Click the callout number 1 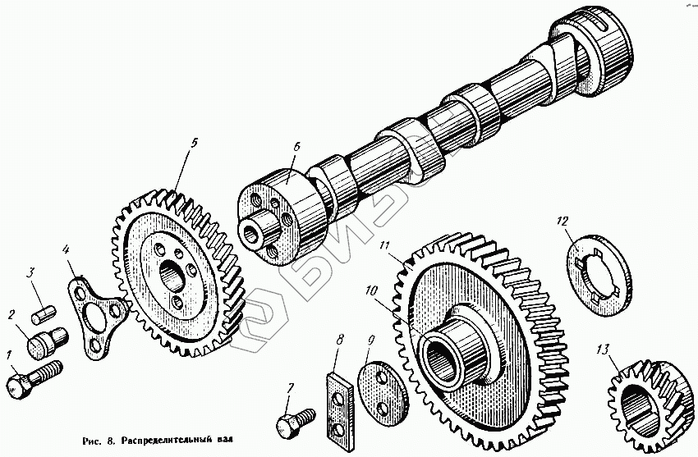pos(10,355)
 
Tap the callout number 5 pos(194,143)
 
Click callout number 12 pos(561,220)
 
